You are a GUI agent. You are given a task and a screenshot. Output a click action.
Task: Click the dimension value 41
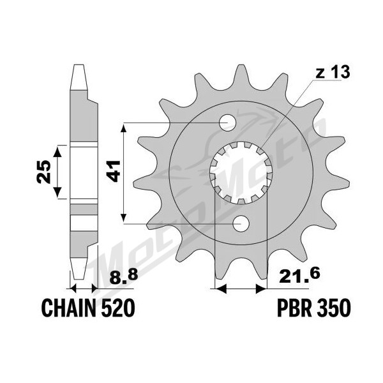[115, 172]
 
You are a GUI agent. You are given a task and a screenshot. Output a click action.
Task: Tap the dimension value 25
[44, 172]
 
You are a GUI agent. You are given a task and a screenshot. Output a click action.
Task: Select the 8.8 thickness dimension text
[124, 277]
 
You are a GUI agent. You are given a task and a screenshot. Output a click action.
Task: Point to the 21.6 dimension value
[299, 276]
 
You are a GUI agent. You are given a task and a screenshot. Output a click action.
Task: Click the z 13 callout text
[333, 73]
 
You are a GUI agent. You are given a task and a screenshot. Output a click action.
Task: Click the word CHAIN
[69, 308]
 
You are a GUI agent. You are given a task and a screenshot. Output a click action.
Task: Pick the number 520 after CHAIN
[117, 308]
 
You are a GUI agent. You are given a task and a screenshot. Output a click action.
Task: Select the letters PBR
[294, 308]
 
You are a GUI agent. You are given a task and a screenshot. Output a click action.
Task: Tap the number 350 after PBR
[333, 308]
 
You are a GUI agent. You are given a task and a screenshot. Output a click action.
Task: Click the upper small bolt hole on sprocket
[227, 123]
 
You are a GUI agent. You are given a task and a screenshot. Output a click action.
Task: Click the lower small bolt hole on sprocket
[241, 223]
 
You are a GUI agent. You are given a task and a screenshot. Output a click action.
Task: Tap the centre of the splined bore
[241, 173]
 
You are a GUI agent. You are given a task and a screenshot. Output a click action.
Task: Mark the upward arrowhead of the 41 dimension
[124, 128]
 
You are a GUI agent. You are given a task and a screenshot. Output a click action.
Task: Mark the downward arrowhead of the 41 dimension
[124, 217]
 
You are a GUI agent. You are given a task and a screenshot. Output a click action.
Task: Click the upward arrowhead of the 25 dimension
[57, 151]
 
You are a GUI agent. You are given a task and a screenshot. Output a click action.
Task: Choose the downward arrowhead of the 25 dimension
[57, 193]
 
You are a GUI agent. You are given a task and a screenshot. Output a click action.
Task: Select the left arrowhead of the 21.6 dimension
[220, 289]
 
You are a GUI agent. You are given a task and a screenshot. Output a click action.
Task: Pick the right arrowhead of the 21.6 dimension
[261, 289]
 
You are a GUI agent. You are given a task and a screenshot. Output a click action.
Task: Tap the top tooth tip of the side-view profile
[79, 65]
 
